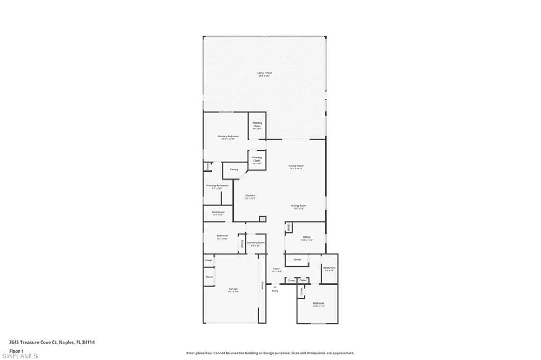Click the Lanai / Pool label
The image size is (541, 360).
[x=264, y=73]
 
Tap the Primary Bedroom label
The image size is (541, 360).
[x=228, y=137]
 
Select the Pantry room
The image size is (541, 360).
[x=234, y=170]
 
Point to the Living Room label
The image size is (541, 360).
[x=296, y=166]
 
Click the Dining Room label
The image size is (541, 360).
[x=299, y=206]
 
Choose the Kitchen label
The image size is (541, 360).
[x=250, y=196]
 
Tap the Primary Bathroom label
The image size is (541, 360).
[x=217, y=186]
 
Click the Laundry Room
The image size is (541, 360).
[x=256, y=243]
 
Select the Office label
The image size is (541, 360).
[x=306, y=238]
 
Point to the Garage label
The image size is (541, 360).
[x=233, y=289]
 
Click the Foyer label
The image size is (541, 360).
[x=276, y=269]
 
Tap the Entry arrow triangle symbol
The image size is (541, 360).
[x=275, y=286]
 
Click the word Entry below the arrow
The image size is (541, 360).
[x=275, y=291]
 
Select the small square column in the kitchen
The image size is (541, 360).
[x=263, y=219]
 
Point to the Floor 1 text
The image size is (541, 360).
[x=16, y=350]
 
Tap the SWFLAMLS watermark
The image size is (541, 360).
[x=20, y=356]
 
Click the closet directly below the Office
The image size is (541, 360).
[x=297, y=260]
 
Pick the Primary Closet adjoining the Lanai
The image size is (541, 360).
[x=257, y=125]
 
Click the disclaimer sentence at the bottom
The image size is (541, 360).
[x=270, y=353]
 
